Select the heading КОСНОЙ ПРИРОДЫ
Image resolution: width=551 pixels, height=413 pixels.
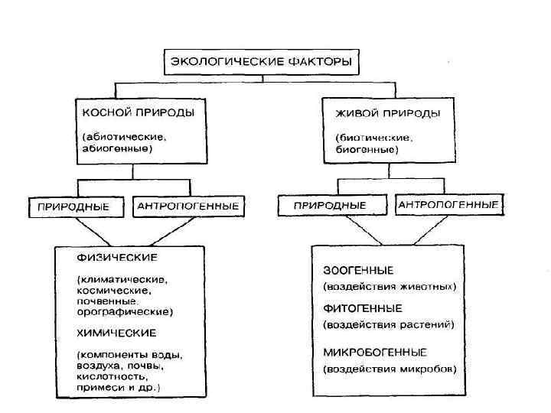point(139,112)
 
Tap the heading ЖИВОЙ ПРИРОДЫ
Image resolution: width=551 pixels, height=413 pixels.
point(388,113)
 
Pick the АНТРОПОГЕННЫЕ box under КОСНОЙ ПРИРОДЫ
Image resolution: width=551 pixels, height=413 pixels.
point(188,206)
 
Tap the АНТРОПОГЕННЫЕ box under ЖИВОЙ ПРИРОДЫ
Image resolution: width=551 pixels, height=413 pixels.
point(448,205)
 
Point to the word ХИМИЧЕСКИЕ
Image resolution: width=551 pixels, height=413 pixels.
point(116,333)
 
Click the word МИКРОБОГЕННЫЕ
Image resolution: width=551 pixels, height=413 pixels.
point(375,352)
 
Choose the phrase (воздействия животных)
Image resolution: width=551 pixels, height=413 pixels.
point(390,287)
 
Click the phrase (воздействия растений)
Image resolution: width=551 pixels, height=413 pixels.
point(389,324)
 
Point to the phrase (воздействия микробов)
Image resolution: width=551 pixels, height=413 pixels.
point(390,369)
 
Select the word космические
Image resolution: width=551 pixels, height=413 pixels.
point(112,291)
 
